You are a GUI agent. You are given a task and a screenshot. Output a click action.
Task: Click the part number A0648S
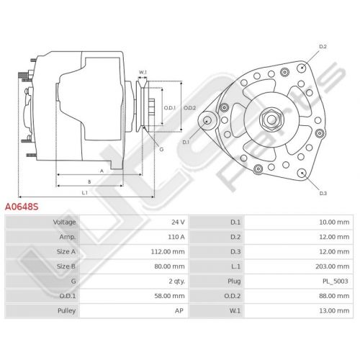(22, 207)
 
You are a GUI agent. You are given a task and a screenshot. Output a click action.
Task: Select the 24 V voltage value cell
(178, 222)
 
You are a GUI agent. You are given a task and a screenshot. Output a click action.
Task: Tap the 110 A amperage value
(176, 237)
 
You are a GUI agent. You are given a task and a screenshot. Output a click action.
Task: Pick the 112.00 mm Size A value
(168, 252)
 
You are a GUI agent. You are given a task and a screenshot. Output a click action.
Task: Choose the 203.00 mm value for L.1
(332, 266)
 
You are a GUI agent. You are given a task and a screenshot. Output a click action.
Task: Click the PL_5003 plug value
(335, 282)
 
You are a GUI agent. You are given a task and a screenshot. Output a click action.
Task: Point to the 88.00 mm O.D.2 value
(334, 296)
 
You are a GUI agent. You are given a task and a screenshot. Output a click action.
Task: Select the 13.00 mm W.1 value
(334, 311)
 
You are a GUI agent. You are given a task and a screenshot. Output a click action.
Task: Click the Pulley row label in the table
(66, 311)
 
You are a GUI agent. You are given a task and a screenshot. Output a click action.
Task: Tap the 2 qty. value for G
(176, 282)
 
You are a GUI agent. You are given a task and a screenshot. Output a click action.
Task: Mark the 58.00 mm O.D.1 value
(169, 296)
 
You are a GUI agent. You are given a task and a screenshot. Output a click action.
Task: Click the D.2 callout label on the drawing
(323, 47)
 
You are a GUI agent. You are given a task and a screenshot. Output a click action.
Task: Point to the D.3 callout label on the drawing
(323, 193)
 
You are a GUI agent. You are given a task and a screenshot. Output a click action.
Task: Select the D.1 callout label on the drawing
(186, 142)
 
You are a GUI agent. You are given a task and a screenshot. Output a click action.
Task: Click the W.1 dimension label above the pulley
(143, 72)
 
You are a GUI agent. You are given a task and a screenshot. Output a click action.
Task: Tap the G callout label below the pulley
(161, 149)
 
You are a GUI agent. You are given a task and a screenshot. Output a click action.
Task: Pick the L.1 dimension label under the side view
(84, 193)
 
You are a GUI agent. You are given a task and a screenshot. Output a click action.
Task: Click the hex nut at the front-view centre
(271, 120)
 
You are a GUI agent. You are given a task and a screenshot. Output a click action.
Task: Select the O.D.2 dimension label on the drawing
(189, 108)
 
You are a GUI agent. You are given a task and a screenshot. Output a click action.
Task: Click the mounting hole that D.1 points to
(207, 120)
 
